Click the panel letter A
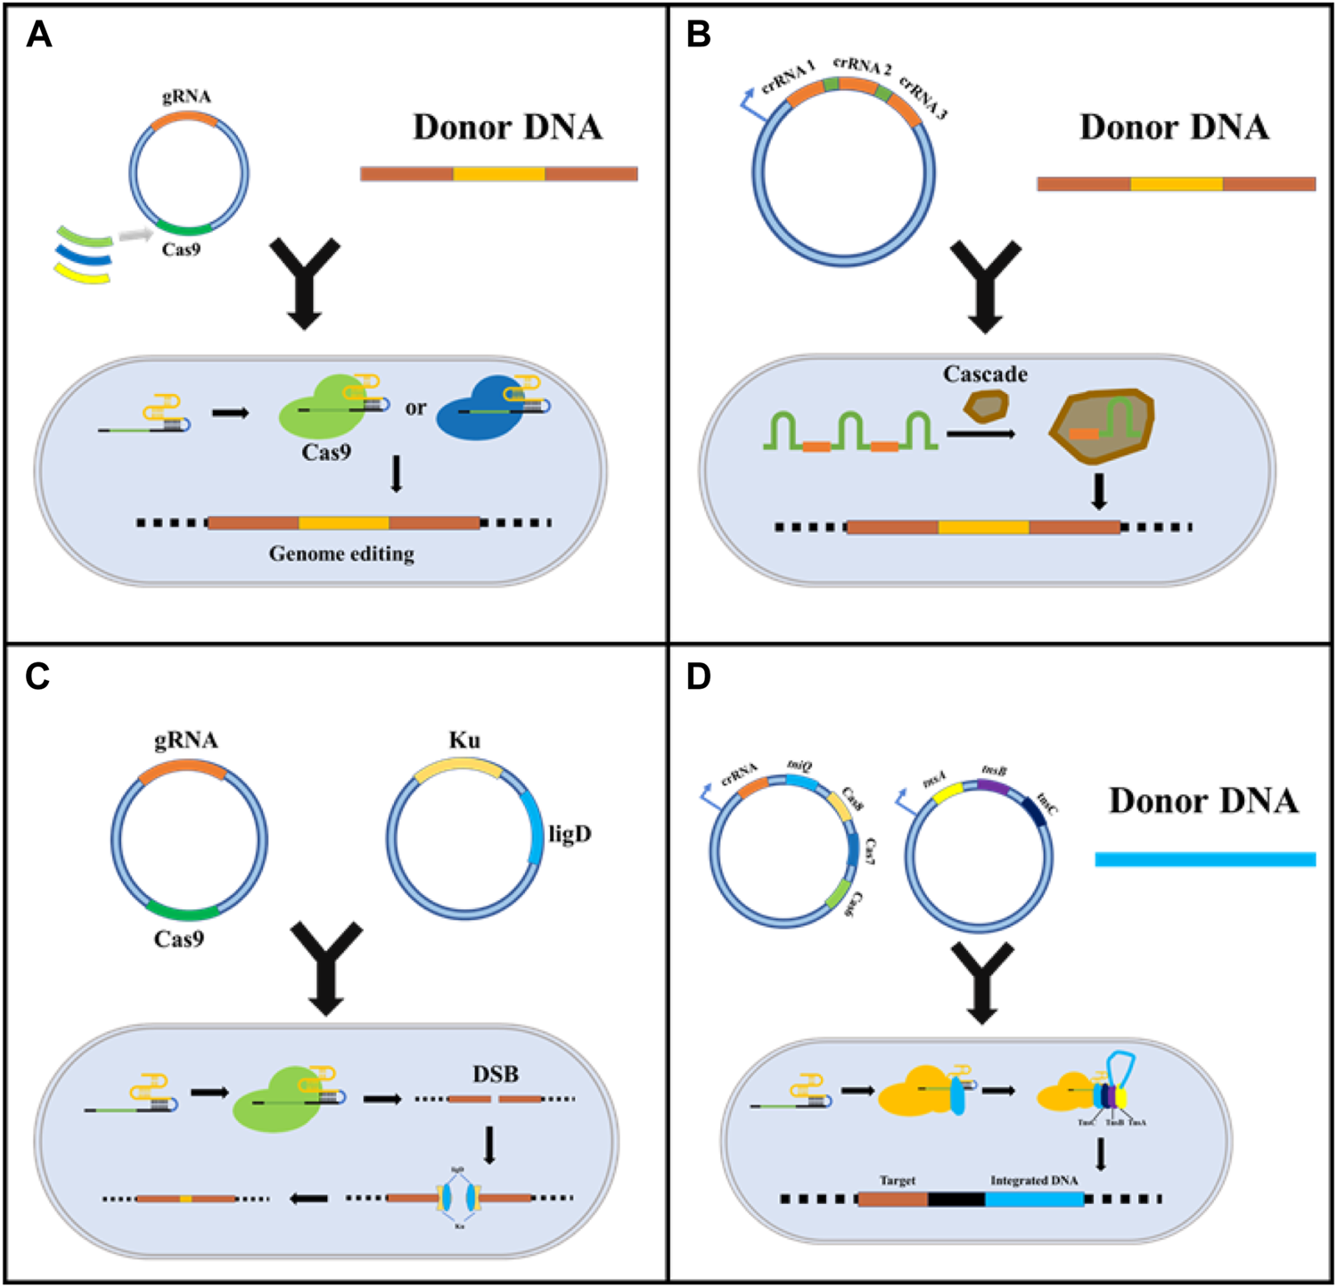pyautogui.click(x=39, y=35)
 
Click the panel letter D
pyautogui.click(x=699, y=676)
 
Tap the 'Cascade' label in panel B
pyautogui.click(x=985, y=374)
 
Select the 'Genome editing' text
pyautogui.click(x=341, y=554)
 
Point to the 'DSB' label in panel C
pyautogui.click(x=496, y=1074)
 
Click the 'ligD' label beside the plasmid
pyautogui.click(x=570, y=834)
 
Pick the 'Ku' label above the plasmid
pyautogui.click(x=464, y=741)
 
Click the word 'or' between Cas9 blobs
pyautogui.click(x=415, y=408)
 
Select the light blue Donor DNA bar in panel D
pyautogui.click(x=1205, y=859)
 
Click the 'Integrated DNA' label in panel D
pyautogui.click(x=1034, y=1180)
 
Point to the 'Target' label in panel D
pyautogui.click(x=898, y=1180)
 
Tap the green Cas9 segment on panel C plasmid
pyautogui.click(x=184, y=911)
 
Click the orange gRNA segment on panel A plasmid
pyautogui.click(x=185, y=120)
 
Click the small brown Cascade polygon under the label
pyautogui.click(x=986, y=406)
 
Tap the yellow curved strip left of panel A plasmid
pyautogui.click(x=82, y=274)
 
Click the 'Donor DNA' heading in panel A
pyautogui.click(x=507, y=127)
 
